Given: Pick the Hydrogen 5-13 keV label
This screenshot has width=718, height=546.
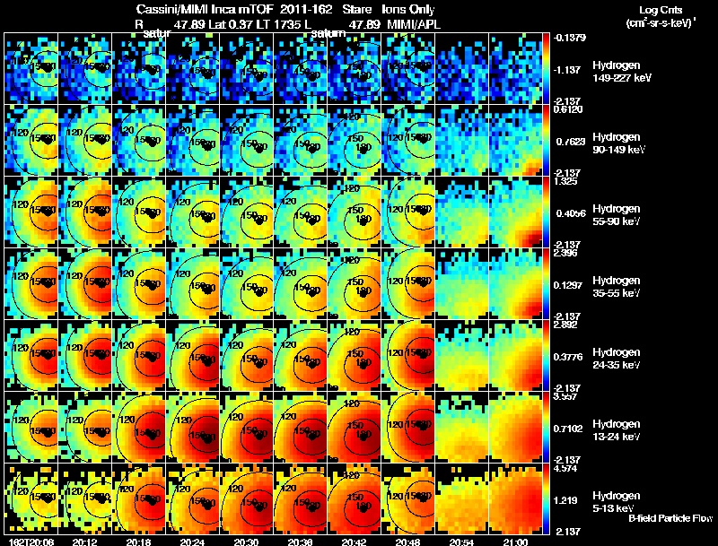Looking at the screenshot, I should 617,502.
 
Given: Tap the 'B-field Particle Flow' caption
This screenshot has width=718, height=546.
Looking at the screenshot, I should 670,518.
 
